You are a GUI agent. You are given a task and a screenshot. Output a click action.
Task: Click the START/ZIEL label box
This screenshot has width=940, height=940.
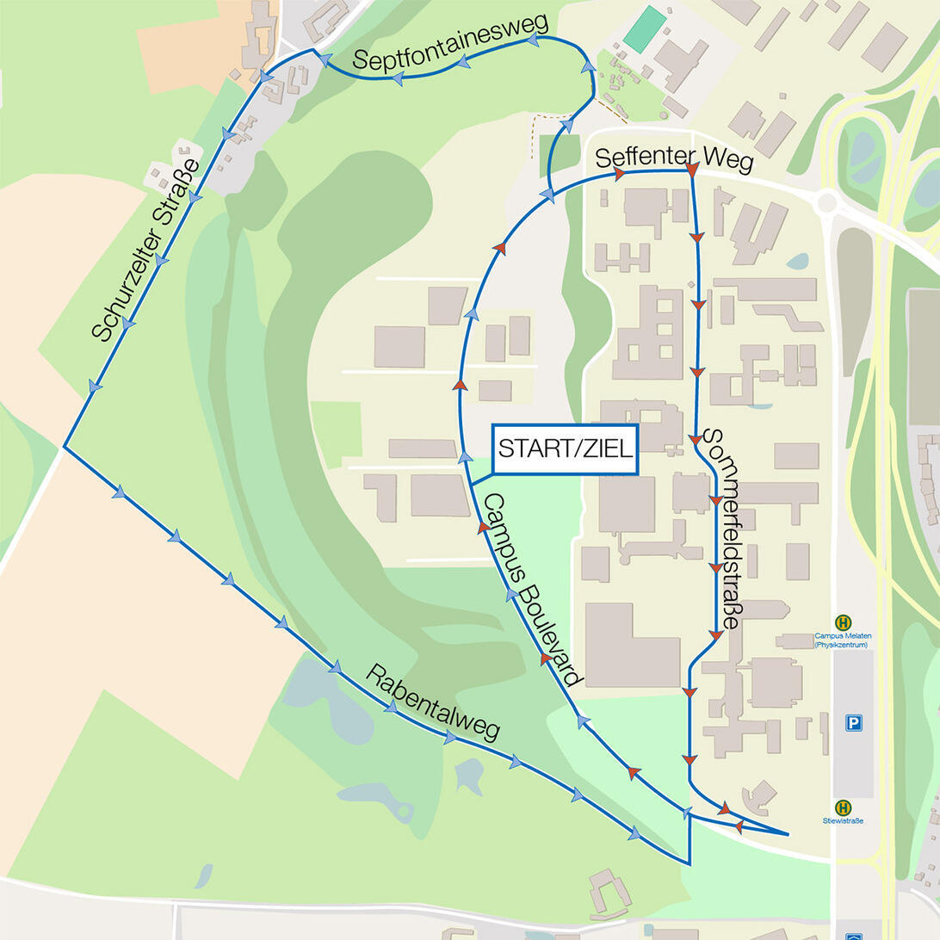coord(566,449)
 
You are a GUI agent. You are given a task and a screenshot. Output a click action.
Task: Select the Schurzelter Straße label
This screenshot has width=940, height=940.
coord(145,250)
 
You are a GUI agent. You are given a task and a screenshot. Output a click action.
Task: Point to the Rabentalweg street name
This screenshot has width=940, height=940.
coord(432,702)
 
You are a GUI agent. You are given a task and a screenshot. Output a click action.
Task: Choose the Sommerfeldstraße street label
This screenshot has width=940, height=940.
coord(722,529)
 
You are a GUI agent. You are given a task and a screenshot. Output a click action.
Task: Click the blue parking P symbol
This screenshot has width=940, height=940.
coord(853,723)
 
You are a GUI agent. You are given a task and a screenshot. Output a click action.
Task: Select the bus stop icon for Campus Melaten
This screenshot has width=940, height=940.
coord(844,622)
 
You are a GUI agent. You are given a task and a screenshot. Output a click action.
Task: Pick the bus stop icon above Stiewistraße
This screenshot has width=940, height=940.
coord(844,807)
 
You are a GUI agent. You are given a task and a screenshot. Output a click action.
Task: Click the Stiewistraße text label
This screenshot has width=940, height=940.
coord(844,821)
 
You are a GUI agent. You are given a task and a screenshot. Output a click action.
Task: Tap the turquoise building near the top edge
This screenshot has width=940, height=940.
coord(645,29)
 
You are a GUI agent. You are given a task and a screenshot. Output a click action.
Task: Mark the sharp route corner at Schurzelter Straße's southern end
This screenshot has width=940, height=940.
coord(65,446)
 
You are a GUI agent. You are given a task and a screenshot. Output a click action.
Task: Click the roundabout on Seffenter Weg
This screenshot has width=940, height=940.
coord(826,203)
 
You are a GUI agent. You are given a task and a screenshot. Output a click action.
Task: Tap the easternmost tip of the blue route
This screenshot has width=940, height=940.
coord(788,833)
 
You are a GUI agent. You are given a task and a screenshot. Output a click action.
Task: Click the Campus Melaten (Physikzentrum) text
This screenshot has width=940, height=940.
coord(844,640)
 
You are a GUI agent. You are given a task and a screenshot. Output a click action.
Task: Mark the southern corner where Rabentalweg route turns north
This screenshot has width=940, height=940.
coord(689,863)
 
